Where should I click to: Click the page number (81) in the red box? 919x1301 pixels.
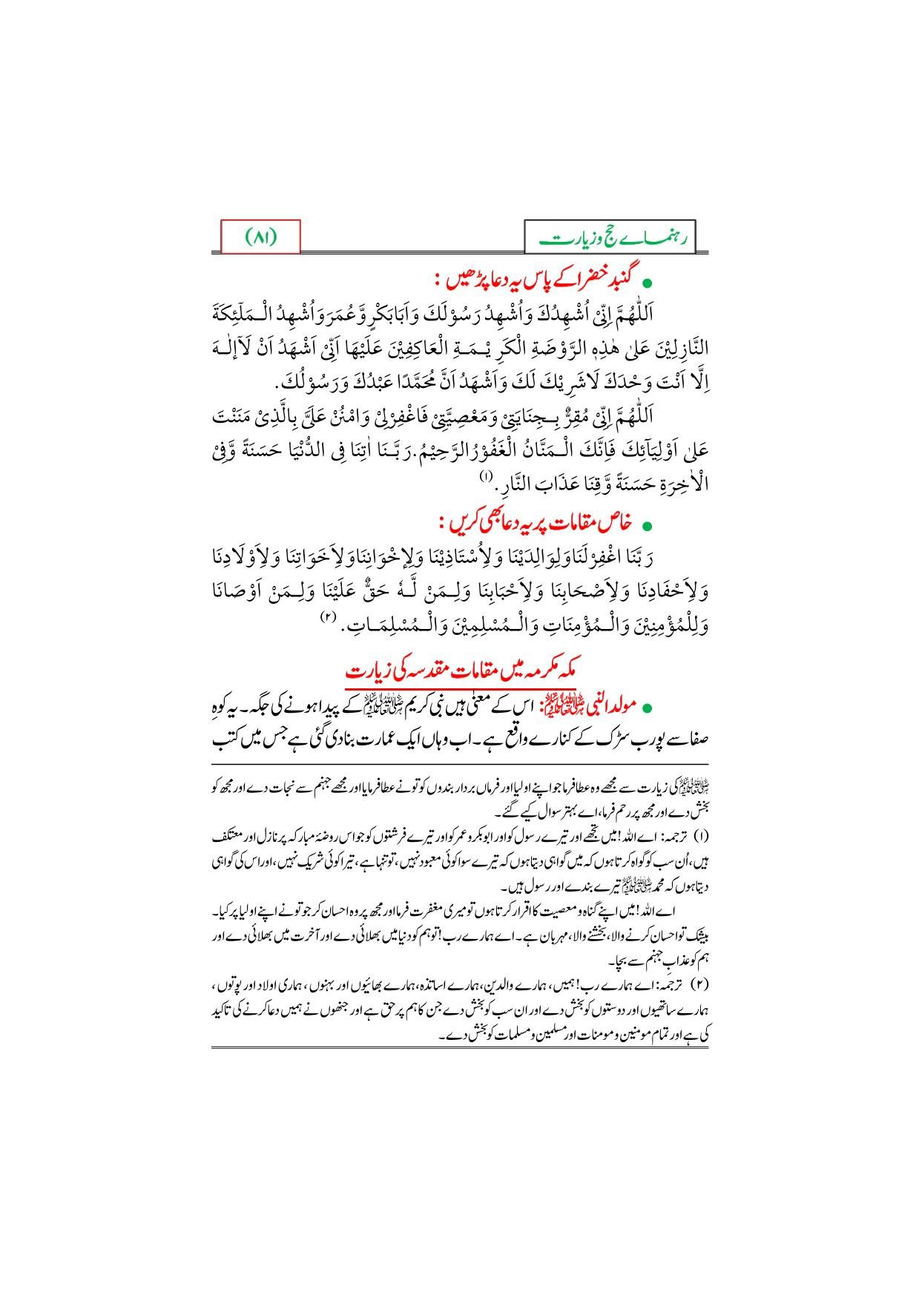[x=261, y=238]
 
